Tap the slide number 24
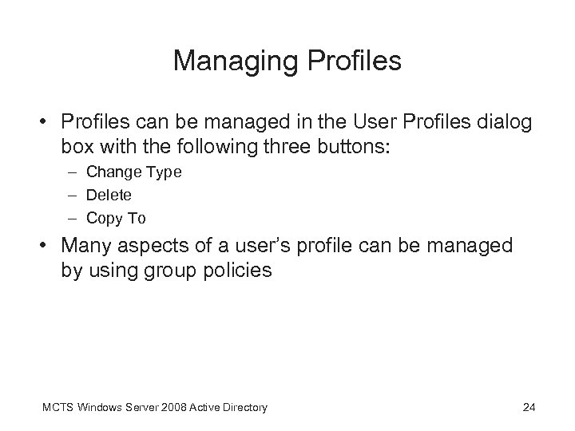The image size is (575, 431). click(x=528, y=408)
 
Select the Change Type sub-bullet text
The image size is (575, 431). click(x=133, y=172)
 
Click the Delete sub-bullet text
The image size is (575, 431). click(x=109, y=195)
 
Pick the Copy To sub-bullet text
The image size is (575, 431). click(x=116, y=218)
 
